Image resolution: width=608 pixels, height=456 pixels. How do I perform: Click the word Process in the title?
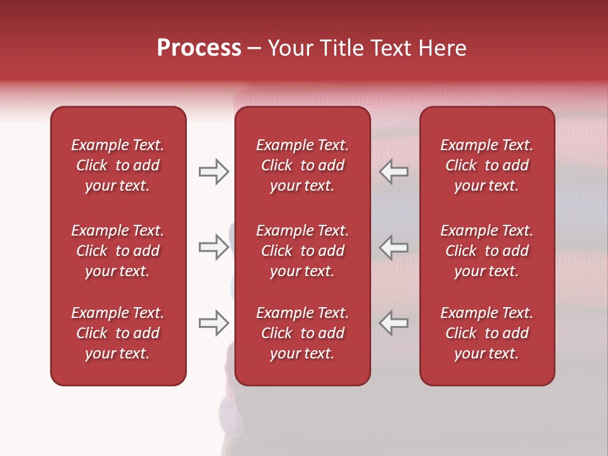coord(199,48)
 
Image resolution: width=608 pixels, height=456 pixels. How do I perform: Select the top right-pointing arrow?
coord(213,172)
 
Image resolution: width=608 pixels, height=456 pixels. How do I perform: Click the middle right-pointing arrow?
coord(213,247)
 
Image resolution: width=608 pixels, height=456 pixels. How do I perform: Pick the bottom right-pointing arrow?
coord(213,323)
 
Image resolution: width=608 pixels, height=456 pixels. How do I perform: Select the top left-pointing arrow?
coord(394,172)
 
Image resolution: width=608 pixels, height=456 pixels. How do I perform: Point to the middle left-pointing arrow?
coord(394,247)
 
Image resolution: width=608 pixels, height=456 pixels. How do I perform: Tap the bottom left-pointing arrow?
coord(394,323)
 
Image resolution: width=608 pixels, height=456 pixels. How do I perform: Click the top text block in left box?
coord(118,165)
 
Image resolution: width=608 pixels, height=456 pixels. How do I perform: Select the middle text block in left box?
coord(118,251)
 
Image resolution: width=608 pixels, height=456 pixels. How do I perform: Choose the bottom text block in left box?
coord(118,333)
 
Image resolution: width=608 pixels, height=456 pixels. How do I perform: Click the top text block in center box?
coord(302,165)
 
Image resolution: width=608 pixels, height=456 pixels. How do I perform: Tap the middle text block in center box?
coord(302,251)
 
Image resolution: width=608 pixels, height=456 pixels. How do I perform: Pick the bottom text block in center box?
coord(302,333)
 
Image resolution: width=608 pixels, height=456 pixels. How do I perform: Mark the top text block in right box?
coord(486,165)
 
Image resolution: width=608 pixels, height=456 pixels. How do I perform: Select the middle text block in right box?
coord(486,251)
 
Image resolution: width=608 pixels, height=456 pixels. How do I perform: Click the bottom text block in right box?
coord(486,333)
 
